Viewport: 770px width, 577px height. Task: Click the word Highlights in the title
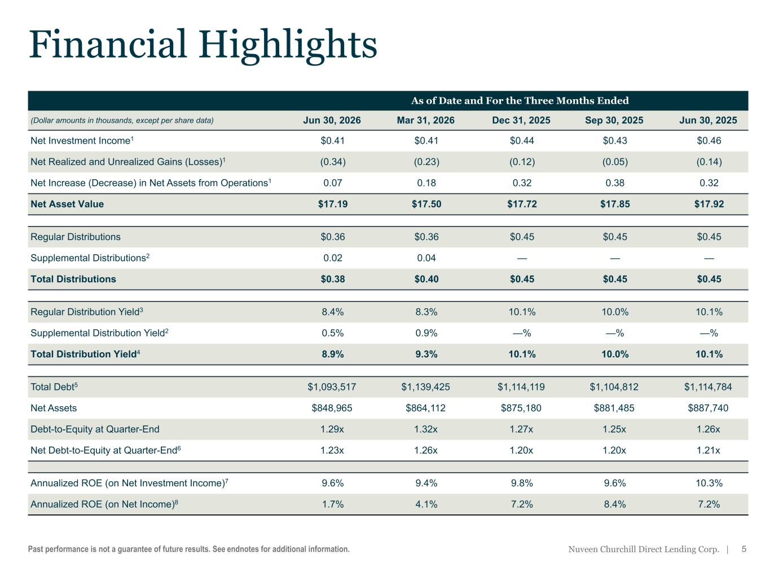(288, 46)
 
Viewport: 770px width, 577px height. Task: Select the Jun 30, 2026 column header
(332, 120)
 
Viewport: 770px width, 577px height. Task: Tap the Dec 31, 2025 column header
(521, 120)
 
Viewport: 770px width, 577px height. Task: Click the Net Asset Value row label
(67, 204)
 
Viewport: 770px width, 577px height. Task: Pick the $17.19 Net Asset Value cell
(333, 204)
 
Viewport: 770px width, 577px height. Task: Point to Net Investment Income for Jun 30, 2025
(709, 140)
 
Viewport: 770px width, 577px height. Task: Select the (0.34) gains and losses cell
(333, 162)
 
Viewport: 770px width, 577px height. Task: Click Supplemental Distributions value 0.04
(426, 258)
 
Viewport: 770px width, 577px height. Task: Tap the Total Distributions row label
(73, 279)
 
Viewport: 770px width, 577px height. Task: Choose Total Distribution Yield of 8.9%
(333, 354)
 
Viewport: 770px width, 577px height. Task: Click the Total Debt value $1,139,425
(425, 387)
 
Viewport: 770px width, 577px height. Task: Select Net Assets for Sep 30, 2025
(614, 408)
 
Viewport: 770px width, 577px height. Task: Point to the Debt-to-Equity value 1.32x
(425, 429)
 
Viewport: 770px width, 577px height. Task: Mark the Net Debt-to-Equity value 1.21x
(708, 450)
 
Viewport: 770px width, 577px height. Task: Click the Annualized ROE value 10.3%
(709, 483)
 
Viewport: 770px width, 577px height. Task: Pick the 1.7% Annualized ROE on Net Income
(333, 504)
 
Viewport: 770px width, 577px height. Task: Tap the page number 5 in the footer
(743, 549)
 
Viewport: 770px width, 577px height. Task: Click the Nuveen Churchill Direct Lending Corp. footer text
(644, 549)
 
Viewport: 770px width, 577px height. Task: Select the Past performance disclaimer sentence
(189, 549)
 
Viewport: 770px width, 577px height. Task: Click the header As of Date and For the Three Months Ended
(520, 101)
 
